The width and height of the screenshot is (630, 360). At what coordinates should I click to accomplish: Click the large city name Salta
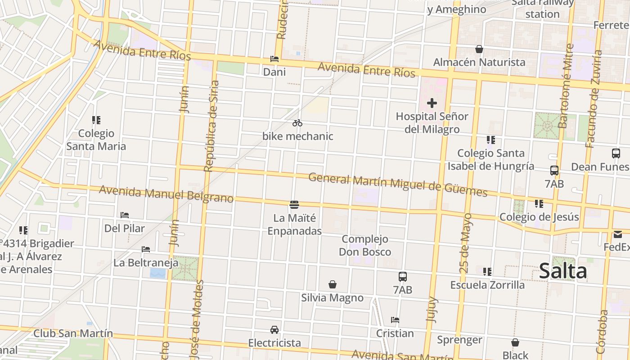click(562, 271)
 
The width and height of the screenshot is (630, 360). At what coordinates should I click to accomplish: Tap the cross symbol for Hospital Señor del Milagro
click(432, 103)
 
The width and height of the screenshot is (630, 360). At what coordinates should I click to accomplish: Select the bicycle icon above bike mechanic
click(297, 123)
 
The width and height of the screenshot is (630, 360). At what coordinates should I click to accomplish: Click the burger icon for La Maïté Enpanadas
click(294, 205)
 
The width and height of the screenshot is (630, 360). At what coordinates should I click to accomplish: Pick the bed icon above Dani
click(274, 59)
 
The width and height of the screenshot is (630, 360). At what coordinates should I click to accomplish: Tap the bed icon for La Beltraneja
click(145, 249)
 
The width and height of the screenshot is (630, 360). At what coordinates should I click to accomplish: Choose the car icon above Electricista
click(274, 329)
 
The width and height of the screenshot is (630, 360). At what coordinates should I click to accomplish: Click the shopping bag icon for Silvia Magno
click(332, 284)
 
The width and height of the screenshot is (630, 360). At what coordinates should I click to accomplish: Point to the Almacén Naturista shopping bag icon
click(479, 49)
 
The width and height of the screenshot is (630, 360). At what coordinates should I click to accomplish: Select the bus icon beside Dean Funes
click(616, 153)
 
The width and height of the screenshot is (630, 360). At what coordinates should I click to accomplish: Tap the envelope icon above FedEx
click(617, 234)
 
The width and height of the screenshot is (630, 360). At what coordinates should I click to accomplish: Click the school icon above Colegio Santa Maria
click(96, 120)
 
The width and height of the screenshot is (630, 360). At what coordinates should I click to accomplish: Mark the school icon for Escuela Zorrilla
click(487, 271)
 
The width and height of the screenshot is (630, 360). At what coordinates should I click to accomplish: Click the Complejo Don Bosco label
click(365, 245)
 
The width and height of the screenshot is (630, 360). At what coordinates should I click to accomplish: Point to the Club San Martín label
click(73, 333)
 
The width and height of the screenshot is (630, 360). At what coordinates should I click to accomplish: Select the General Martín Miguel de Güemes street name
click(398, 185)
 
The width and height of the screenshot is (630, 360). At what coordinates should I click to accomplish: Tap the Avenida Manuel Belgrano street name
click(166, 194)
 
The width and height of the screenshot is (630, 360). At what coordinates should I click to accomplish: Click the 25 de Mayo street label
click(466, 243)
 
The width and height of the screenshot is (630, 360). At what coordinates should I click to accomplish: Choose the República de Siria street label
click(211, 126)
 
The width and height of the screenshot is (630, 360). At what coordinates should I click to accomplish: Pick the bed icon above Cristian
click(395, 320)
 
